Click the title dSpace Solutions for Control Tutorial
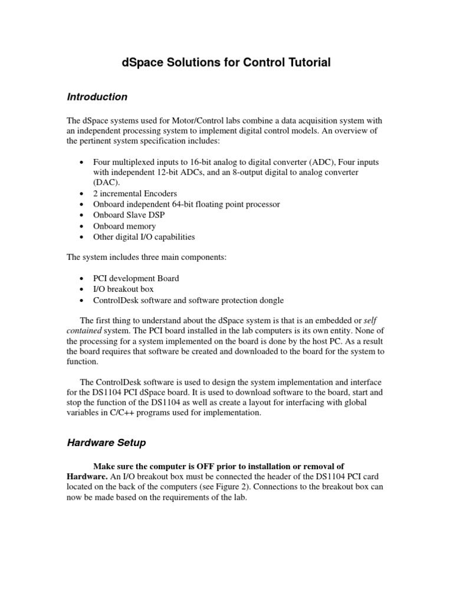pyautogui.click(x=226, y=62)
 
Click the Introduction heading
pyautogui.click(x=97, y=96)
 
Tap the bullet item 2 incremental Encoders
pyautogui.click(x=135, y=193)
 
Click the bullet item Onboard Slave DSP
pyautogui.click(x=129, y=215)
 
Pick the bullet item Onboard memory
pyautogui.click(x=124, y=226)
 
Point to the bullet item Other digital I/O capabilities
pyautogui.click(x=144, y=237)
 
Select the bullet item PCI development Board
pyautogui.click(x=136, y=278)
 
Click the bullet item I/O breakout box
pyautogui.click(x=123, y=289)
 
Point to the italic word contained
pyautogui.click(x=84, y=330)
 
